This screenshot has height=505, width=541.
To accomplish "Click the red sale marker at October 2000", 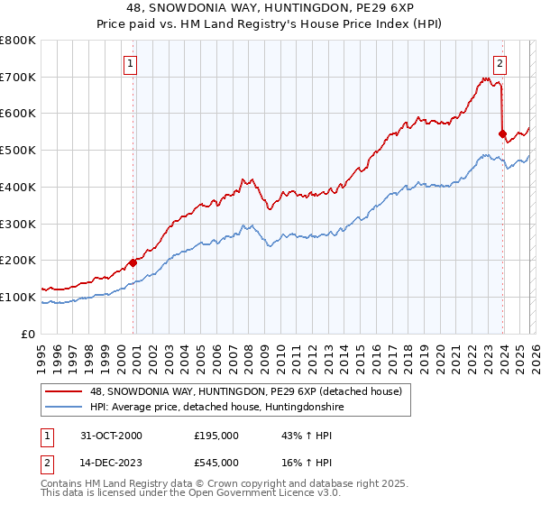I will click(133, 262).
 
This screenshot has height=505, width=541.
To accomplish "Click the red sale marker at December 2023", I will click(502, 133).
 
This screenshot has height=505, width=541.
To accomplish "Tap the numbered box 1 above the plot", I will click(132, 63).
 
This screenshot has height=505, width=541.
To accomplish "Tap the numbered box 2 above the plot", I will click(500, 63).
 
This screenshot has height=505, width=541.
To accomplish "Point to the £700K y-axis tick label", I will click(18, 77).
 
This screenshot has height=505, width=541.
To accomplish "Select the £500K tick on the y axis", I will click(18, 151).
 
